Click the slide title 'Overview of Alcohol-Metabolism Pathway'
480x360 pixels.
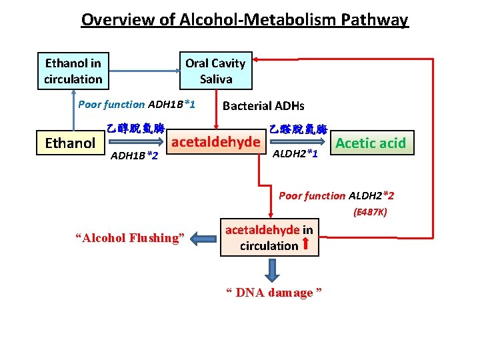click(x=244, y=19)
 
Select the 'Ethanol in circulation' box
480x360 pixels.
click(x=73, y=71)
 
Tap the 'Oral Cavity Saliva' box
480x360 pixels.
click(x=215, y=71)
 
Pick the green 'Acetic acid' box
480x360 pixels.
click(x=370, y=143)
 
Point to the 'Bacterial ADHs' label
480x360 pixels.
click(x=263, y=105)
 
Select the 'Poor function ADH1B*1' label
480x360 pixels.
click(x=136, y=104)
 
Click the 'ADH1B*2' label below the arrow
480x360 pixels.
click(x=133, y=156)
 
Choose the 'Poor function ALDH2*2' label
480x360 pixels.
click(x=336, y=195)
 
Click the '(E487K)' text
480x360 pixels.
click(x=370, y=213)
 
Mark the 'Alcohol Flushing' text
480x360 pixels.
click(x=130, y=238)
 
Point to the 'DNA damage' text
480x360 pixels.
click(x=274, y=293)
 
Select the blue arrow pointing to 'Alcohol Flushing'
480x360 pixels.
click(x=203, y=237)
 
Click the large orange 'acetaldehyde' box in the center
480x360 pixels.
click(x=216, y=142)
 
